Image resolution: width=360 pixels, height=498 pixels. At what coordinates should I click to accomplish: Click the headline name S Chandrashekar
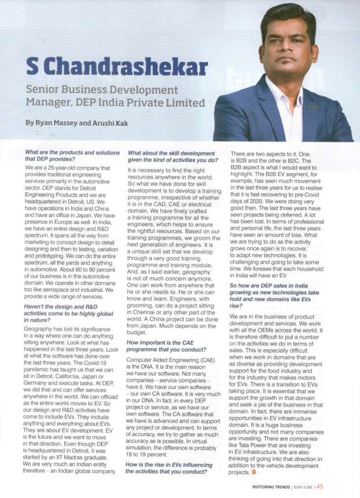(x=117, y=68)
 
